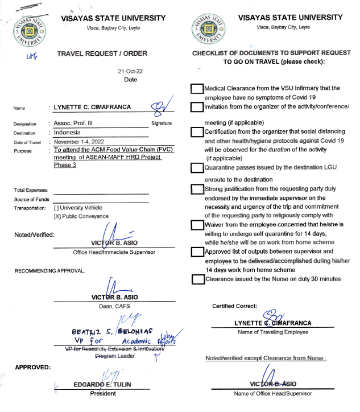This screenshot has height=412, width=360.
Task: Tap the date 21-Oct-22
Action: pos(130,72)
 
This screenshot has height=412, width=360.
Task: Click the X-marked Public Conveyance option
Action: pos(56,216)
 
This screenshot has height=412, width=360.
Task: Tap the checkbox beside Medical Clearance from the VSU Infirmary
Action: pos(197,89)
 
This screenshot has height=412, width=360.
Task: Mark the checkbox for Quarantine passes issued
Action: pos(197,168)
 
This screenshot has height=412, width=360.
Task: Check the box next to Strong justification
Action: pos(197,189)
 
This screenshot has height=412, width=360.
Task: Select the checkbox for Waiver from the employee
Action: pos(197,225)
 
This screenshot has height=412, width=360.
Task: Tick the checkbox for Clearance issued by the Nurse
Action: pos(197,279)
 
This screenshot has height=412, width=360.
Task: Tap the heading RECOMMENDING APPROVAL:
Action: pos(49,270)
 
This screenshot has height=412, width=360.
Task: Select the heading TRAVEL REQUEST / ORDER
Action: pos(102,53)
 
